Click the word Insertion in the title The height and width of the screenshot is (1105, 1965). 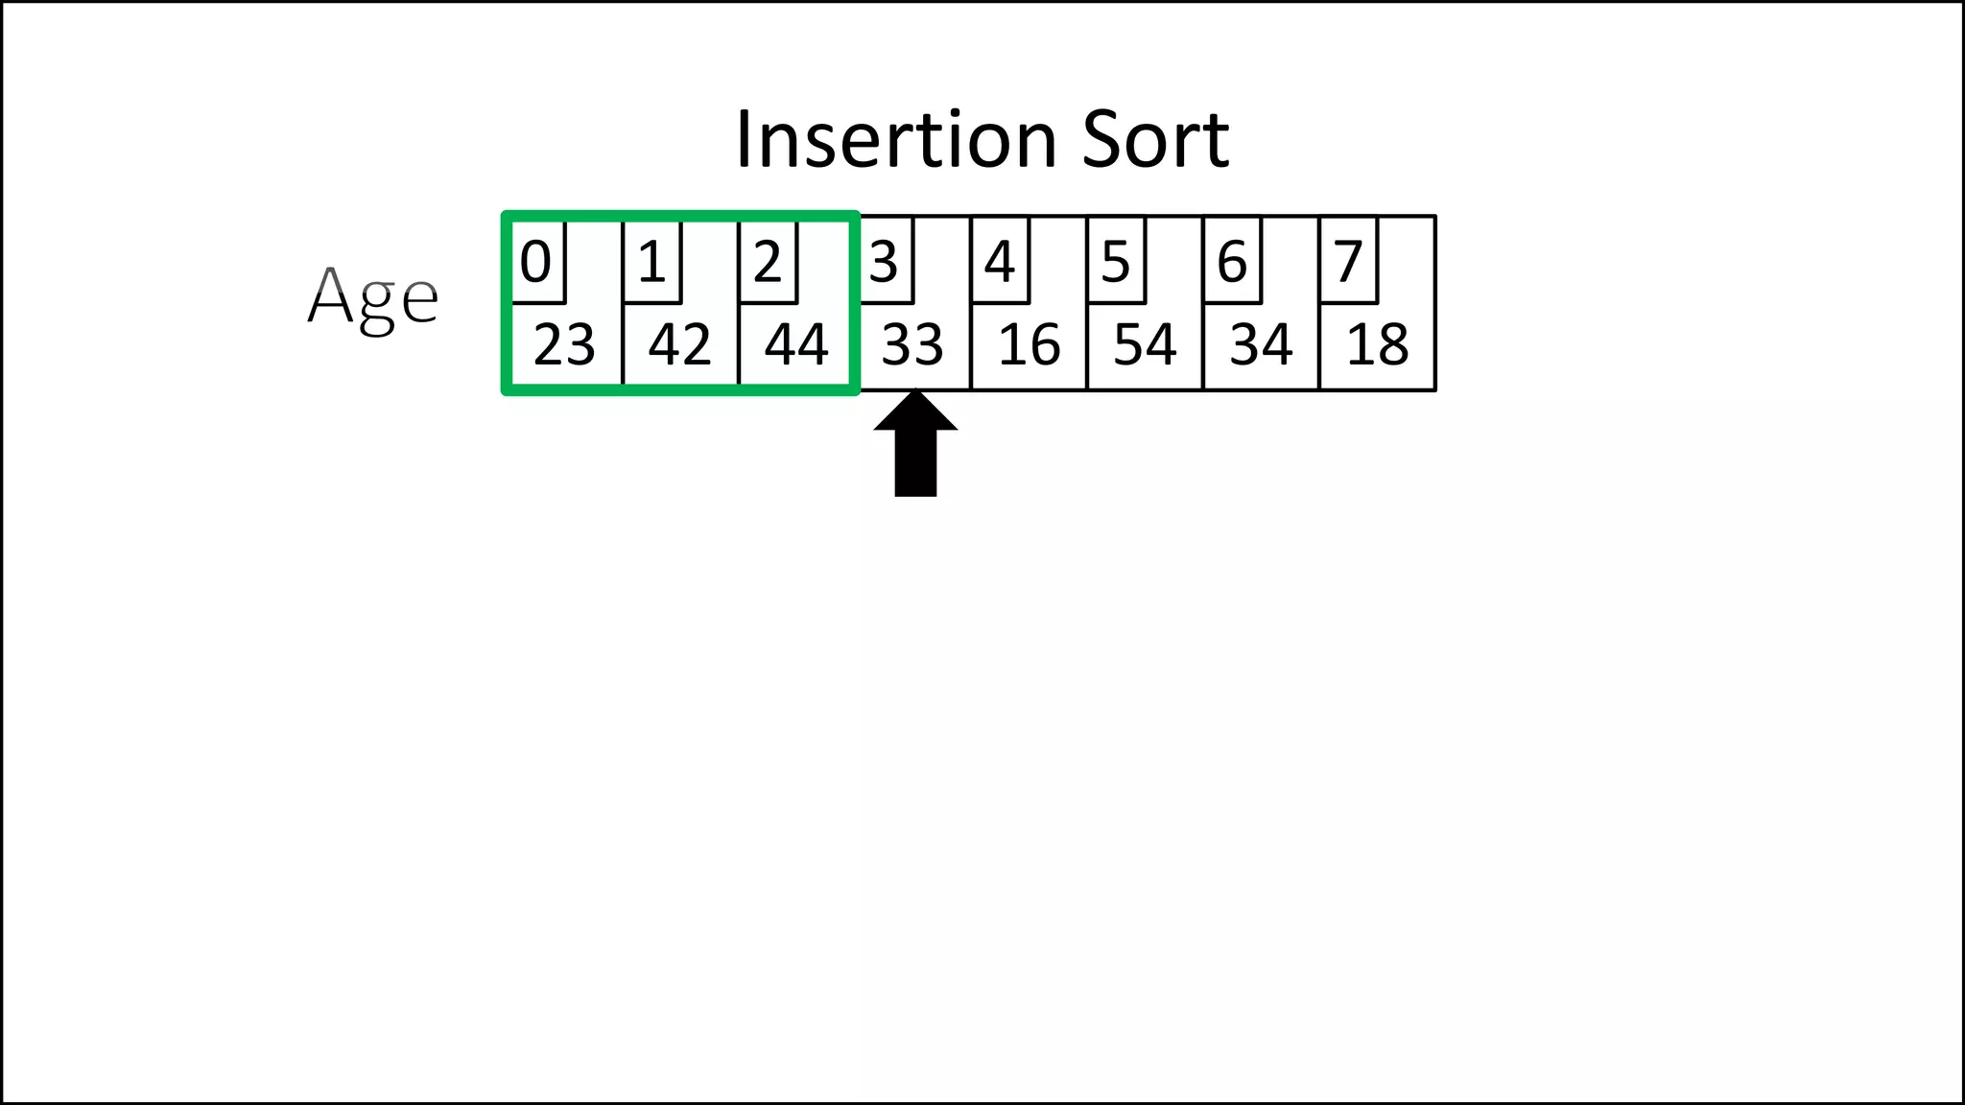[896, 140]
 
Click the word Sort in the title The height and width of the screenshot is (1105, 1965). [1155, 140]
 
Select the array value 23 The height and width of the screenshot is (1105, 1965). [564, 345]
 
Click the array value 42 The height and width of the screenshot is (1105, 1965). [679, 345]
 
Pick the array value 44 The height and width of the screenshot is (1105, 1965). [796, 345]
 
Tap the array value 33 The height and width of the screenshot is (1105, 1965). [912, 345]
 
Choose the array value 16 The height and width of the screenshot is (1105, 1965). [1029, 345]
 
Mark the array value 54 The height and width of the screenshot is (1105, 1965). [1145, 345]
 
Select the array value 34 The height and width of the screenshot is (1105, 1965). [1261, 345]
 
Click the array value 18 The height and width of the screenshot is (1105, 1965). [1378, 345]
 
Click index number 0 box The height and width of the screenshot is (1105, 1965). [536, 261]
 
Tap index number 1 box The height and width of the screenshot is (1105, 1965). [652, 261]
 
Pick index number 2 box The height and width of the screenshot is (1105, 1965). [768, 261]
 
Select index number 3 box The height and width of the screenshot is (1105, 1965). [884, 261]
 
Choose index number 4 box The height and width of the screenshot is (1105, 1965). [1000, 261]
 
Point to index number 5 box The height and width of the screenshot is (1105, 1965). [1116, 261]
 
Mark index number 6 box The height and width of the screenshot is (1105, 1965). [1232, 261]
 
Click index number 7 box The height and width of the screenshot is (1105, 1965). [1348, 261]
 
